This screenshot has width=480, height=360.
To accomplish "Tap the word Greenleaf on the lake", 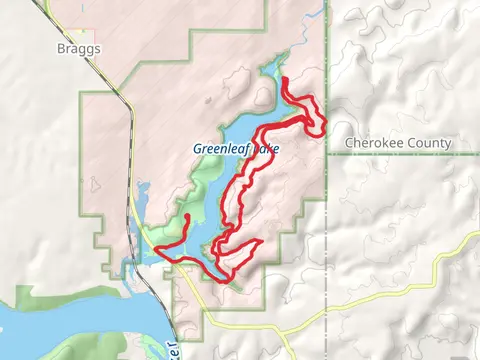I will coord(219,149).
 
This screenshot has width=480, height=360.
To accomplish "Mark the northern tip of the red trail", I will coord(286,79).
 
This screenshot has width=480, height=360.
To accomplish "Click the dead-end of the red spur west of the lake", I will coord(188,216).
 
